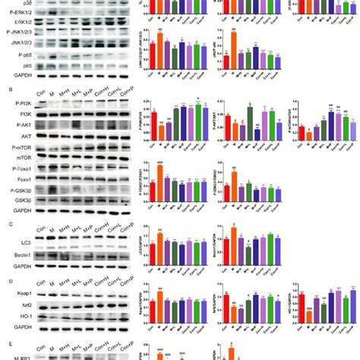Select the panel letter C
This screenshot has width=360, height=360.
click(7, 223)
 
